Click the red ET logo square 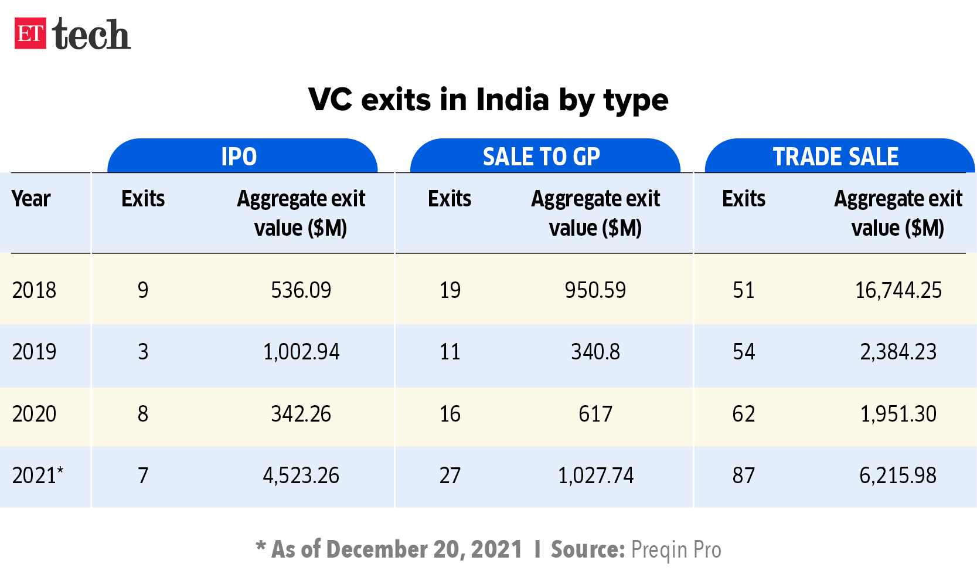[30, 34]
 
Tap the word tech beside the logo [91, 35]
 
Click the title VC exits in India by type [488, 100]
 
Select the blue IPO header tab [239, 157]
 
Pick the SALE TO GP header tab [542, 157]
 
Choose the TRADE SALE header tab [836, 157]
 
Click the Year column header [31, 199]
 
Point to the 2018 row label [34, 290]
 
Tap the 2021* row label [38, 476]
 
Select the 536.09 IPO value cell [301, 290]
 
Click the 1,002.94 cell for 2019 [301, 352]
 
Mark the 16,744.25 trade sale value [898, 290]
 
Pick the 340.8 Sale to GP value [595, 352]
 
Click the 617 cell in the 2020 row [595, 414]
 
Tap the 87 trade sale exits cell [743, 476]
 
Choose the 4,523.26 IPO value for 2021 [301, 476]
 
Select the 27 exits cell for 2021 [450, 476]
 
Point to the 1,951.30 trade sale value [898, 414]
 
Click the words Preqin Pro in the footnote [676, 550]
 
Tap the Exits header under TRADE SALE [743, 199]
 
